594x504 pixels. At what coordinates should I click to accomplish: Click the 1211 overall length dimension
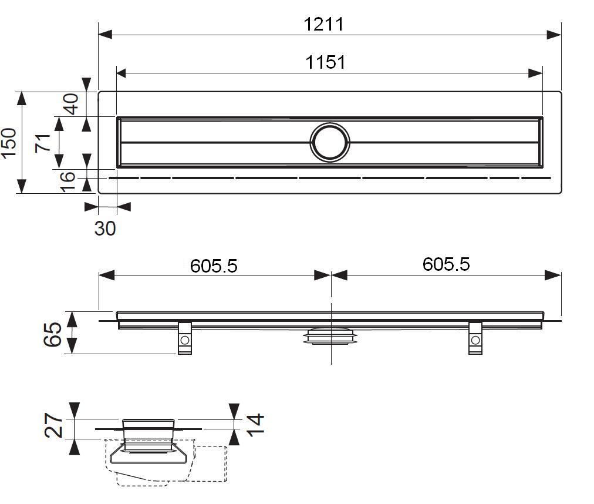coord(323,25)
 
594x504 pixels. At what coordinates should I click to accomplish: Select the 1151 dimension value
coord(325,63)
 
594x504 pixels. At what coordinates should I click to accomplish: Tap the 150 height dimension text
coord(9,143)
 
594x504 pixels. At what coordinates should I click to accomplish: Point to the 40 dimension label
coord(70,104)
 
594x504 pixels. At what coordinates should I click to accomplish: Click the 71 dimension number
coord(42,143)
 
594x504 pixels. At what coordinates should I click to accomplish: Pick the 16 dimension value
coord(67,182)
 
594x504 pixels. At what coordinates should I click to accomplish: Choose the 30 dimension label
coord(105,229)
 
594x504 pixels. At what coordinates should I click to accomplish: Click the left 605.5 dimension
coord(214,266)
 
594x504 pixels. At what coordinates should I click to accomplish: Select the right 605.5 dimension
coord(446,264)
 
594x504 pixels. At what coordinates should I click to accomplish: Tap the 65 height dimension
coord(53,334)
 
